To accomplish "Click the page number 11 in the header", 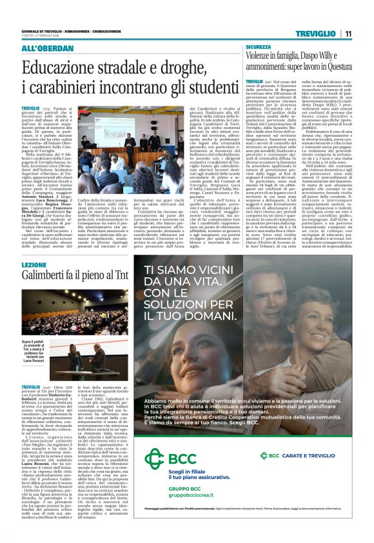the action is point(348,34).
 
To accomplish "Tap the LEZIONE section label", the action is point(34,265).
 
